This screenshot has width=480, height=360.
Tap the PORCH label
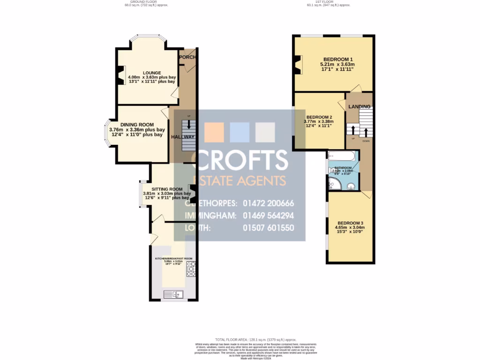188,57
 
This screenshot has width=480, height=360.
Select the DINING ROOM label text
137,124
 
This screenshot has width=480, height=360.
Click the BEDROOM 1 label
337,59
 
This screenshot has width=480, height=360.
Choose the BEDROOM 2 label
319,117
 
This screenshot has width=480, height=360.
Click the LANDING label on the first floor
359,107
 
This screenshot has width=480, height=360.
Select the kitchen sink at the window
174,294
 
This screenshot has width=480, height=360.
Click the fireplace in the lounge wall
121,76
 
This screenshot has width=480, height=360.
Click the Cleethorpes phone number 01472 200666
269,203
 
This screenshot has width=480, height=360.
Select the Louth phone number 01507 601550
269,228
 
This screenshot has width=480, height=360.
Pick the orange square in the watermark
214,132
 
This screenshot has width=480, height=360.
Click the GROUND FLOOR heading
146,2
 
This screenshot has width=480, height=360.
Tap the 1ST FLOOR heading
328,2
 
